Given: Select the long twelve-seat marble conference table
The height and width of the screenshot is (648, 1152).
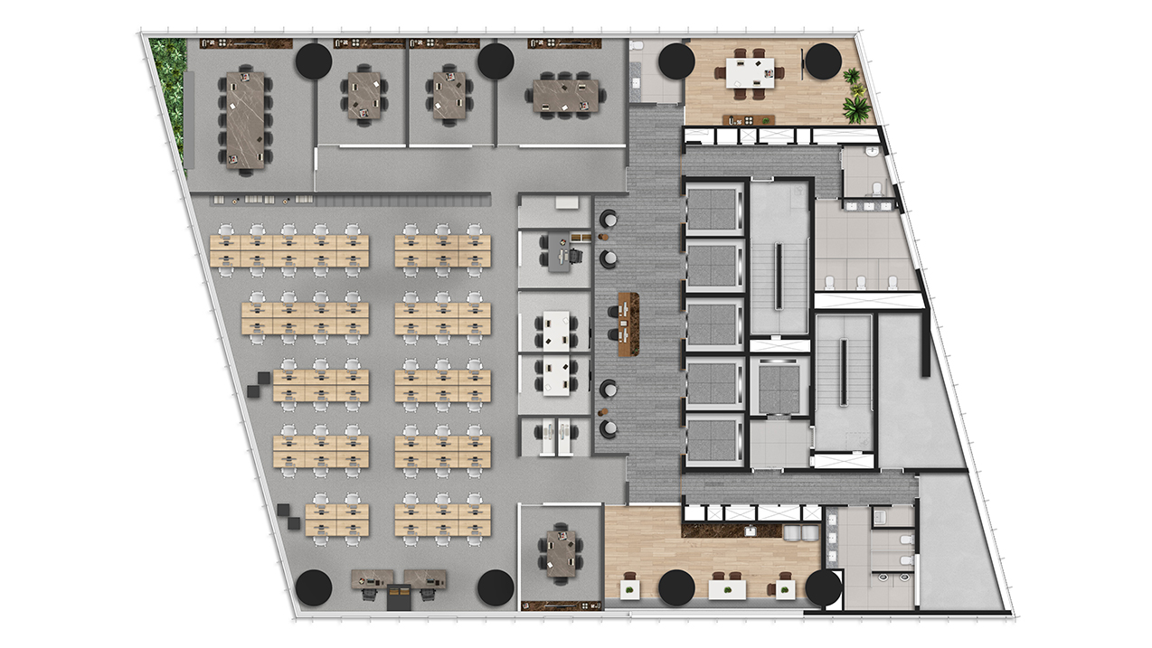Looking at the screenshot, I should (x=244, y=119).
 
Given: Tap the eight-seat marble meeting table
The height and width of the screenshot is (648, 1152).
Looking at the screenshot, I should (x=566, y=96).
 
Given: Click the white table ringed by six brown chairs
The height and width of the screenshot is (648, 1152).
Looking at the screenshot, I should (x=750, y=70).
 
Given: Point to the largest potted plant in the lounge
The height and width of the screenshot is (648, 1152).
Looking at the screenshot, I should (x=855, y=108).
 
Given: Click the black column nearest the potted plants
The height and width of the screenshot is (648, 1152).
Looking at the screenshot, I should (x=823, y=61).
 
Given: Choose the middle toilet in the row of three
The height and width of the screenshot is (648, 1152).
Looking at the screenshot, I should (x=856, y=282).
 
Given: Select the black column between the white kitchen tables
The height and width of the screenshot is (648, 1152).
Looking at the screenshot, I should (x=676, y=588).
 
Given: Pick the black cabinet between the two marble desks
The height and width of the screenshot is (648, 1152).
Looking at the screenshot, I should (x=399, y=595).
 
